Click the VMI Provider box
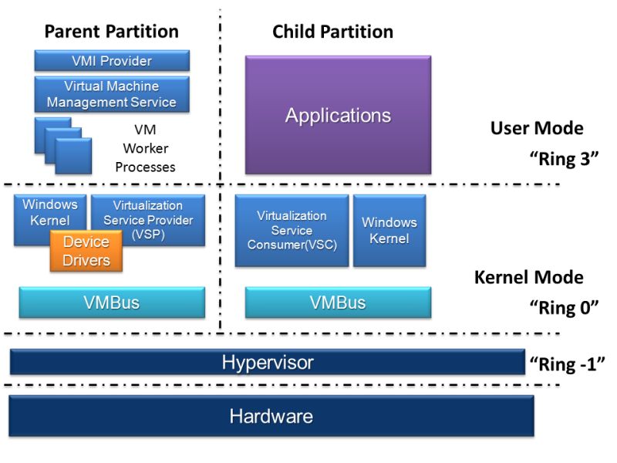(112, 61)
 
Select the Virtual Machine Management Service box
(112, 94)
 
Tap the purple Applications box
(338, 115)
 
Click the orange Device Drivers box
(86, 252)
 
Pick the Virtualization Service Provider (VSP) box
(148, 220)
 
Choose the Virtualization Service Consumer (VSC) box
(292, 230)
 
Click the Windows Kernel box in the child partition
(389, 230)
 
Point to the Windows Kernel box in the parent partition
(49, 211)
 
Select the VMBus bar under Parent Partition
(112, 302)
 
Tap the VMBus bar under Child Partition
(338, 302)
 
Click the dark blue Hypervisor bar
(268, 362)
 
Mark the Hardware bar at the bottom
(271, 417)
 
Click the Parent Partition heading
(112, 32)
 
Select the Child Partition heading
(332, 32)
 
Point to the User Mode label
(537, 128)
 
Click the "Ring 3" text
(565, 160)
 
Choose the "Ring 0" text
(565, 308)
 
